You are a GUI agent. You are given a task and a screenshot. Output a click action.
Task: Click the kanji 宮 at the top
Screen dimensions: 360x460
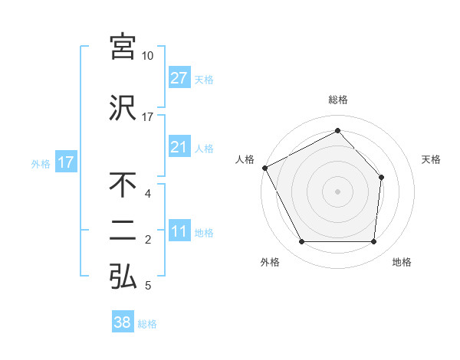coord(123,47)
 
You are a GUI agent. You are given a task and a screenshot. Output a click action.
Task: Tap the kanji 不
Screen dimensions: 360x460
coord(123,185)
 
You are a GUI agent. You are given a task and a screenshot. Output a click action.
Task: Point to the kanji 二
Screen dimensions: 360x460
coord(123,231)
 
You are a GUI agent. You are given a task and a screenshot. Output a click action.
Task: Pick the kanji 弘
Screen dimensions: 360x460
coord(123,277)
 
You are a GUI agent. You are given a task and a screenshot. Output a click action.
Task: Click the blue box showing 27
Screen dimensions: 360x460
coord(179,78)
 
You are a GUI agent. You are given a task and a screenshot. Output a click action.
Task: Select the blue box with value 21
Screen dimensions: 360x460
coord(179,147)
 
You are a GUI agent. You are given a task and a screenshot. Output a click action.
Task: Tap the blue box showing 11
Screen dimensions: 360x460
coord(179,232)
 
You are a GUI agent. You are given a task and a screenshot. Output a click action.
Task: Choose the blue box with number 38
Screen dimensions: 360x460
coord(123,323)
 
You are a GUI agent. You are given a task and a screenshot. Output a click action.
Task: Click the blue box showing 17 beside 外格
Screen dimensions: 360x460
coord(65,162)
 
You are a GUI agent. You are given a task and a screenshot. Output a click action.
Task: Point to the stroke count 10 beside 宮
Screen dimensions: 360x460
coord(148,56)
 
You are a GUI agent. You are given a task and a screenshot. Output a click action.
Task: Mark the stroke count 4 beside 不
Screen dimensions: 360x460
coord(148,193)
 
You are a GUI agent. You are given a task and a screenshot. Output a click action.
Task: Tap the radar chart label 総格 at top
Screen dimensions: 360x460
coord(338,100)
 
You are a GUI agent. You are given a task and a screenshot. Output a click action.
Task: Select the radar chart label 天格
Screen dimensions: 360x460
coord(432,159)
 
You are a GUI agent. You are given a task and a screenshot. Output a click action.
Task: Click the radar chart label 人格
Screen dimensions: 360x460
coord(245,159)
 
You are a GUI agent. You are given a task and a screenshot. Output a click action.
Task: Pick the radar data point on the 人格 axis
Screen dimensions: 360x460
coord(264,168)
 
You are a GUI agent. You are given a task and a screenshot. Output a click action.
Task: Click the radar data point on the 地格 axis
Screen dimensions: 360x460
coord(374,242)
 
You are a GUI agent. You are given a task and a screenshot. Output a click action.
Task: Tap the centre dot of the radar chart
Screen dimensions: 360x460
coord(338,191)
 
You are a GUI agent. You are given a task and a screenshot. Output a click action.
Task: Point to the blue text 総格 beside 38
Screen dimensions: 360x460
coord(147,324)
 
